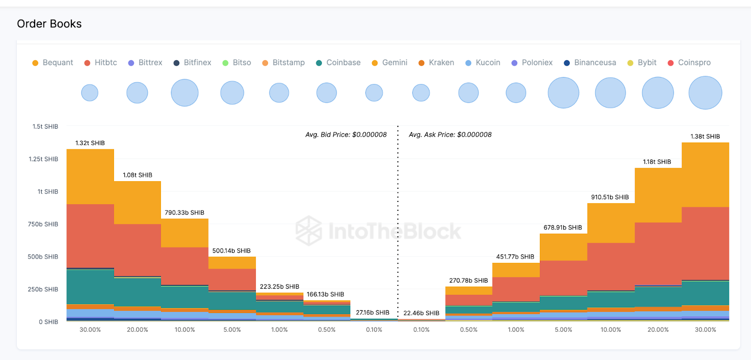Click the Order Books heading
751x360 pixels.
click(x=49, y=24)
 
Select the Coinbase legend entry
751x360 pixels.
click(x=338, y=63)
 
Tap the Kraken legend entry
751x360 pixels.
click(x=437, y=63)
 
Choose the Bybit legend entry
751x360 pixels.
click(x=642, y=63)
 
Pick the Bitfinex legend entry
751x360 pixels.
click(x=192, y=63)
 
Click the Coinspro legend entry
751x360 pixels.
click(x=690, y=63)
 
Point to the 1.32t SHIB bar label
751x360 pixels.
click(x=90, y=143)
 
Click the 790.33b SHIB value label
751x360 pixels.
click(x=184, y=213)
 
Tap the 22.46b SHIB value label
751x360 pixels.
click(x=421, y=313)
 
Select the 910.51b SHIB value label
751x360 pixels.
click(x=610, y=197)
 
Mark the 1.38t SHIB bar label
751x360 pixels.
click(x=705, y=137)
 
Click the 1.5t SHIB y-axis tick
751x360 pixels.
click(x=45, y=127)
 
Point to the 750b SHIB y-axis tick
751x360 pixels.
click(x=43, y=224)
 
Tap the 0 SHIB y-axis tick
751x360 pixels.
click(x=48, y=322)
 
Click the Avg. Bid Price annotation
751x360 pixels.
click(x=346, y=135)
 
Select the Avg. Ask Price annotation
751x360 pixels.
click(x=450, y=135)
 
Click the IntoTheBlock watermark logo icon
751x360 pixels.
click(x=308, y=231)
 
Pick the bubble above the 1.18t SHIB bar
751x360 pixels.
click(x=658, y=93)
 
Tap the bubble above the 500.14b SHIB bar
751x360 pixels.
click(x=232, y=93)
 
